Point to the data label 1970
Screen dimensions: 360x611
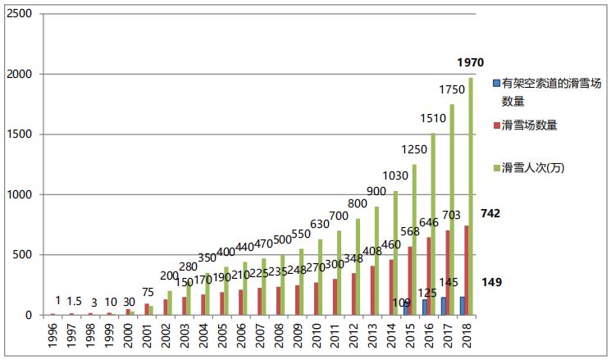471,63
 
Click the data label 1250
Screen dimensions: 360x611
413,149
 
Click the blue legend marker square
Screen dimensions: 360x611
496,84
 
